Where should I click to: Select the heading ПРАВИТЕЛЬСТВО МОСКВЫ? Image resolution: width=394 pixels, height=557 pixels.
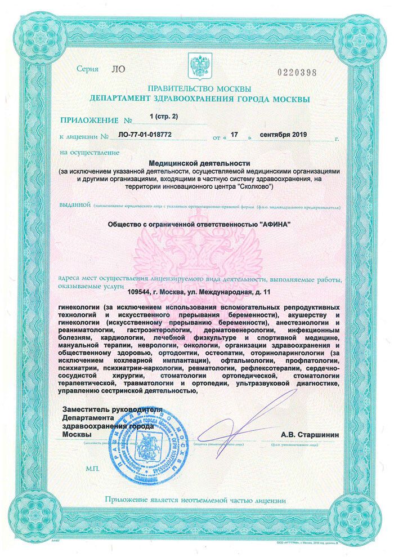199,89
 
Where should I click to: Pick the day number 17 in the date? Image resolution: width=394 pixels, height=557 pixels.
235,136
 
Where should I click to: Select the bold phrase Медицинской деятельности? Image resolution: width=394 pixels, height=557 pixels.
199,162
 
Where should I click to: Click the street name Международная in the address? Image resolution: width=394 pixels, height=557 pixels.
230,291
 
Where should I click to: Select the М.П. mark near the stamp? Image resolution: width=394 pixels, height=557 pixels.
92,469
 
